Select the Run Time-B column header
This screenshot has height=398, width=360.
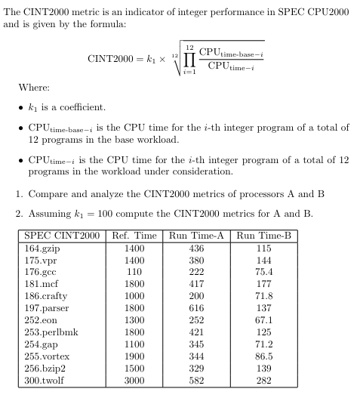coord(264,236)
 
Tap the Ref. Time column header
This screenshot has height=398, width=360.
coord(134,236)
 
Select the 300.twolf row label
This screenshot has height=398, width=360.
coord(45,381)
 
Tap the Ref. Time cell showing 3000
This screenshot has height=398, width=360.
coord(134,381)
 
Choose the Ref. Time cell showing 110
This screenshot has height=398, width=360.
coord(134,272)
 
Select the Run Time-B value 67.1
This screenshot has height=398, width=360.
coord(264,320)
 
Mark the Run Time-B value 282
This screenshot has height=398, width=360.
coord(264,381)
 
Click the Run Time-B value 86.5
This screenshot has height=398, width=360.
coord(264,356)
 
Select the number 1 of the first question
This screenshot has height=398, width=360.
coord(20,193)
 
